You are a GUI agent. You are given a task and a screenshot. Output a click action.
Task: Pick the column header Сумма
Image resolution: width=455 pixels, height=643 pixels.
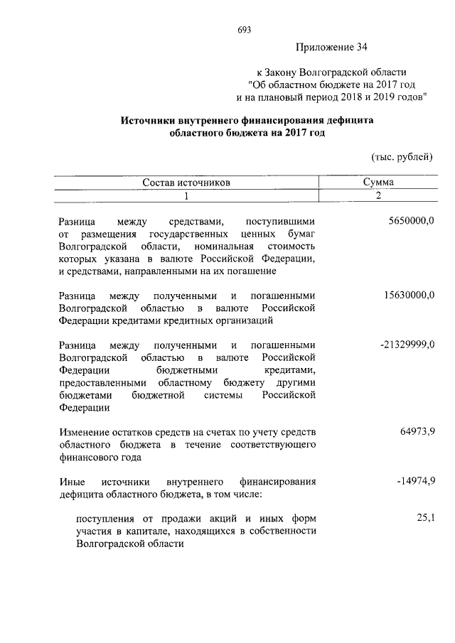point(378,183)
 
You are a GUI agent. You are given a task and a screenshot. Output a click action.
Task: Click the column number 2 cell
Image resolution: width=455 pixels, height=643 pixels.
point(378,196)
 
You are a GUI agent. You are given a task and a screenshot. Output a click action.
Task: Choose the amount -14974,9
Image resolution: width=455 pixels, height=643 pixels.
point(415,482)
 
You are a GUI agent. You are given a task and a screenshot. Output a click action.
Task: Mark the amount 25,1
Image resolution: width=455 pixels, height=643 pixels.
point(425,519)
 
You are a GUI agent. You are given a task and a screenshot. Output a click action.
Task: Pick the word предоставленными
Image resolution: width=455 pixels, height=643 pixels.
point(103,383)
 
